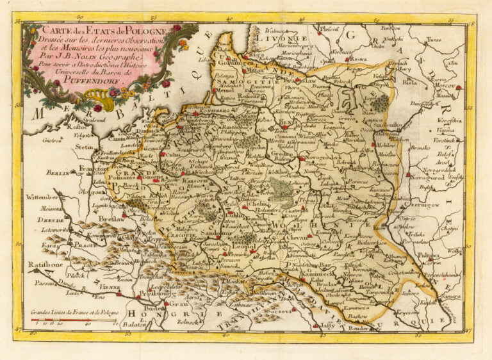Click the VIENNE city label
110,288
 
